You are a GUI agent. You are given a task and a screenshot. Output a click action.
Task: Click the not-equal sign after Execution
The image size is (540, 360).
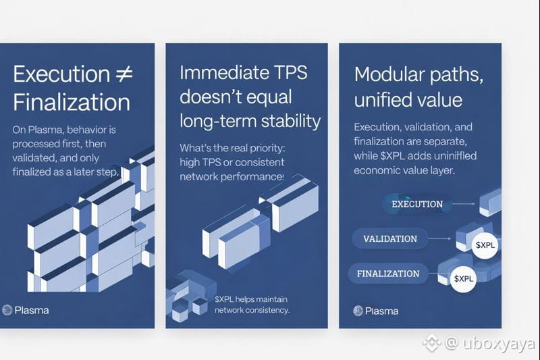pyautogui.click(x=124, y=74)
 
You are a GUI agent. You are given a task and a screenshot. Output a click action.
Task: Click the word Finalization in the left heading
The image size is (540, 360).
pyautogui.click(x=72, y=102)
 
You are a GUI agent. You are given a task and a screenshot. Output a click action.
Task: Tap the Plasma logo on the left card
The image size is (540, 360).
pyautogui.click(x=7, y=310)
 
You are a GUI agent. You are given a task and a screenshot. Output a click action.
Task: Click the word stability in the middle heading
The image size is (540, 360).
pyautogui.click(x=291, y=121)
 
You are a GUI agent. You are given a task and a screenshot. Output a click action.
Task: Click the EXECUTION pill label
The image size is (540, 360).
pyautogui.click(x=417, y=204)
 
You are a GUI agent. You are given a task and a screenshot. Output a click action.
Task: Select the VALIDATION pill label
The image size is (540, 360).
pyautogui.click(x=390, y=238)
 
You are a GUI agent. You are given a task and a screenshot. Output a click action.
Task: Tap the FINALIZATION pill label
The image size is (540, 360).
pyautogui.click(x=388, y=274)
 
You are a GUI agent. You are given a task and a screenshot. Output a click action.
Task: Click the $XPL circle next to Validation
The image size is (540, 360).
pyautogui.click(x=485, y=245)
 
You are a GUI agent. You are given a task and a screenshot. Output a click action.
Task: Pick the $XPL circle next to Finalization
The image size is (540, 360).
pyautogui.click(x=463, y=279)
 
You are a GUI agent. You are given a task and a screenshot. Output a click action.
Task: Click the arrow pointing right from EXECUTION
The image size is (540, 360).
pyautogui.click(x=464, y=204)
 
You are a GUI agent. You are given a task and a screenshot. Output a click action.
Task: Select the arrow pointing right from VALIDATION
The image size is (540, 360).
pyautogui.click(x=440, y=238)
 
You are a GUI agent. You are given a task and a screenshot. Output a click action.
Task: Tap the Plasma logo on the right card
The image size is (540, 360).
pyautogui.click(x=358, y=311)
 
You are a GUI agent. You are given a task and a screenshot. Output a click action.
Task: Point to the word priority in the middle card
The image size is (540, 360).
pyautogui.click(x=266, y=148)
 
